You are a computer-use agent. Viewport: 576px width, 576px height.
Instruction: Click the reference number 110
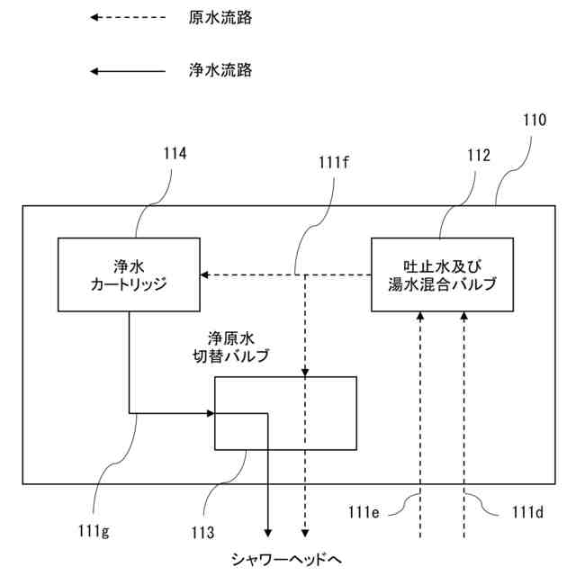535,120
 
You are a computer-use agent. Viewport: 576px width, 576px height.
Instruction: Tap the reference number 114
175,153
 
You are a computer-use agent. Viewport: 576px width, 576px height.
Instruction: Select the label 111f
333,162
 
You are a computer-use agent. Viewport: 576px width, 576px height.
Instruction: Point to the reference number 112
478,155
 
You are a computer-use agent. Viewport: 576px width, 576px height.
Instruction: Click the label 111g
94,532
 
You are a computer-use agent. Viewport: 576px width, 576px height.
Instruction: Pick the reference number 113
202,532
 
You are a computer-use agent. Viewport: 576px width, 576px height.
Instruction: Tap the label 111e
364,512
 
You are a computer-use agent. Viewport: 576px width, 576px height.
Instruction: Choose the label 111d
527,512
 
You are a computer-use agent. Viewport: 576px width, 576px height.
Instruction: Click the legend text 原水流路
220,18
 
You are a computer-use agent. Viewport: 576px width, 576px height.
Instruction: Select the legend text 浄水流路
220,70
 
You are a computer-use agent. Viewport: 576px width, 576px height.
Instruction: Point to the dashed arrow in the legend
128,17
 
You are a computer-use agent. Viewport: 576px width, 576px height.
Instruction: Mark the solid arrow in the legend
128,71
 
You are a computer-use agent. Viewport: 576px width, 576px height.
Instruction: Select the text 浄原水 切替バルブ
231,347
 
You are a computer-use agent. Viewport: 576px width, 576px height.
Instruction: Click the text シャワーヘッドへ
286,560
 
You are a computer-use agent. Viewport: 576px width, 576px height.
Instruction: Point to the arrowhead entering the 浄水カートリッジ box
204,274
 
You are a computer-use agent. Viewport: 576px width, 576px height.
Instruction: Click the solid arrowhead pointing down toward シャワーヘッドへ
268,533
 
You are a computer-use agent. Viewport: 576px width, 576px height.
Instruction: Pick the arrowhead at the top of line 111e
420,316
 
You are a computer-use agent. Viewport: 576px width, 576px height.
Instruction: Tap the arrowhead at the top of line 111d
464,316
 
